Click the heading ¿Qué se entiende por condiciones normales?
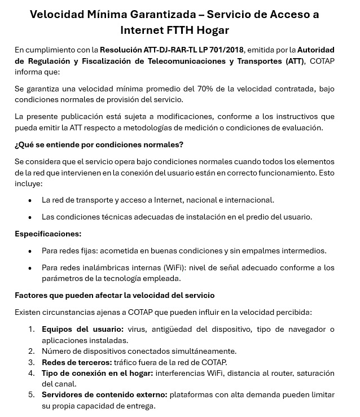click(x=99, y=144)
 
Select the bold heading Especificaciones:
click(x=48, y=234)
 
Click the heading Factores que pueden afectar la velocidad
click(x=114, y=295)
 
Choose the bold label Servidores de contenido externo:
click(x=104, y=394)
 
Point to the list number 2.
click(x=32, y=351)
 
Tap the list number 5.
click(x=32, y=394)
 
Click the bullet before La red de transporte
click(x=30, y=200)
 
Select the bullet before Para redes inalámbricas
click(x=30, y=267)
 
